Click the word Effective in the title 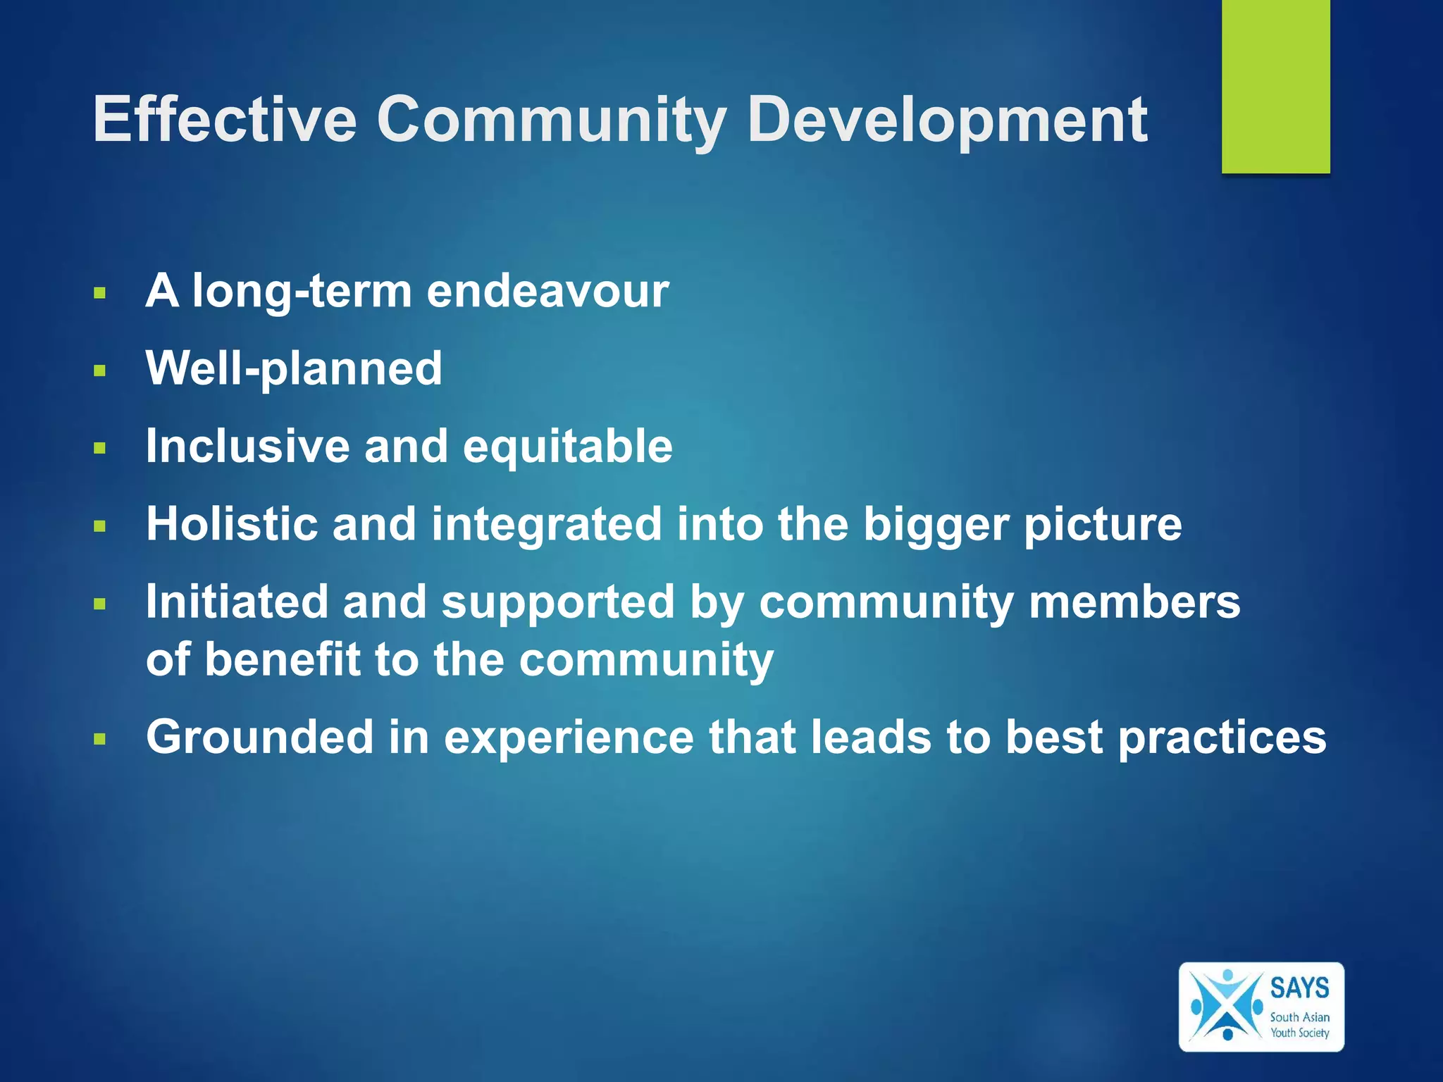click(225, 119)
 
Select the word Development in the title click(947, 119)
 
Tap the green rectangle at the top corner click(1275, 86)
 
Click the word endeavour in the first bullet click(547, 291)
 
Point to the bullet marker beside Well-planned click(99, 371)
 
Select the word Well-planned click(294, 368)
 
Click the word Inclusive click(247, 447)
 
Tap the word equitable click(567, 447)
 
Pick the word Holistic click(231, 524)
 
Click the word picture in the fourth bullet click(1103, 526)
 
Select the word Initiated click(237, 602)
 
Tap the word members click(1134, 602)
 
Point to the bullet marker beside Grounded click(99, 740)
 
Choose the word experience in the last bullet click(569, 738)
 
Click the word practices click(1222, 738)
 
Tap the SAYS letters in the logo click(1299, 988)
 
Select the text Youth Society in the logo click(1299, 1033)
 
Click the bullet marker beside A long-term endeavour click(99, 293)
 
